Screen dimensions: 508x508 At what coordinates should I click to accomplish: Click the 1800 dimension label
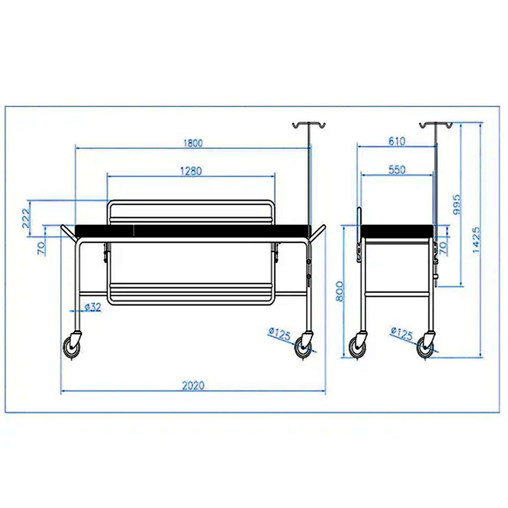[x=193, y=143]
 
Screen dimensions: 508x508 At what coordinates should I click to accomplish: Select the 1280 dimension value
[x=191, y=171]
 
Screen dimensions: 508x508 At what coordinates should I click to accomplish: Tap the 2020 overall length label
[x=193, y=385]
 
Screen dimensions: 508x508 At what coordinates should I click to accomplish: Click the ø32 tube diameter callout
[x=93, y=307]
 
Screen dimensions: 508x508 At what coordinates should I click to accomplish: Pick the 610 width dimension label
[x=397, y=141]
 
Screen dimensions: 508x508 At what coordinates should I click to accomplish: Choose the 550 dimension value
[x=397, y=170]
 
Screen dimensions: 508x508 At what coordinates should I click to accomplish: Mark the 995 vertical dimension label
[x=456, y=204]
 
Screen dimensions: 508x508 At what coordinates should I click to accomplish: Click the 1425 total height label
[x=476, y=240]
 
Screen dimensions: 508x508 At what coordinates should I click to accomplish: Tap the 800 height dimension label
[x=339, y=291]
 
